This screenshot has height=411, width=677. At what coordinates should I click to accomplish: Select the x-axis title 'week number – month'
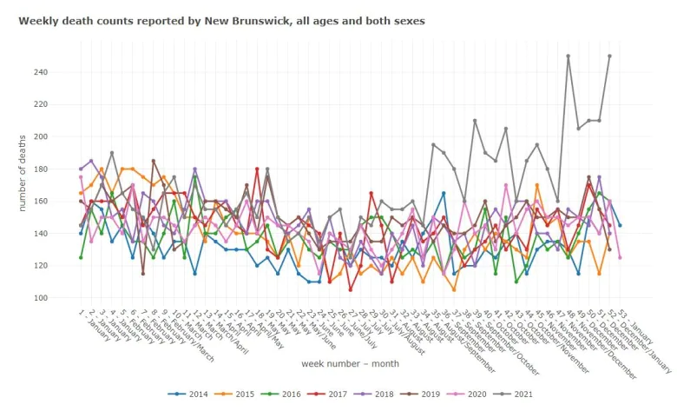pos(350,363)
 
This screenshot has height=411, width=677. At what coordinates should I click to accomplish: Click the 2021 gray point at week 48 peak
pos(568,56)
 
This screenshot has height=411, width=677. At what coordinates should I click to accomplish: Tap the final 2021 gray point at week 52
pos(609,56)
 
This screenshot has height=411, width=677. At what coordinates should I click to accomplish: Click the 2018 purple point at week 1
pos(81,169)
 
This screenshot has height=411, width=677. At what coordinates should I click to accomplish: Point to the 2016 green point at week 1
pos(81,257)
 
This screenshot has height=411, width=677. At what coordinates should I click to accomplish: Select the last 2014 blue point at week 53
pos(620,225)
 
